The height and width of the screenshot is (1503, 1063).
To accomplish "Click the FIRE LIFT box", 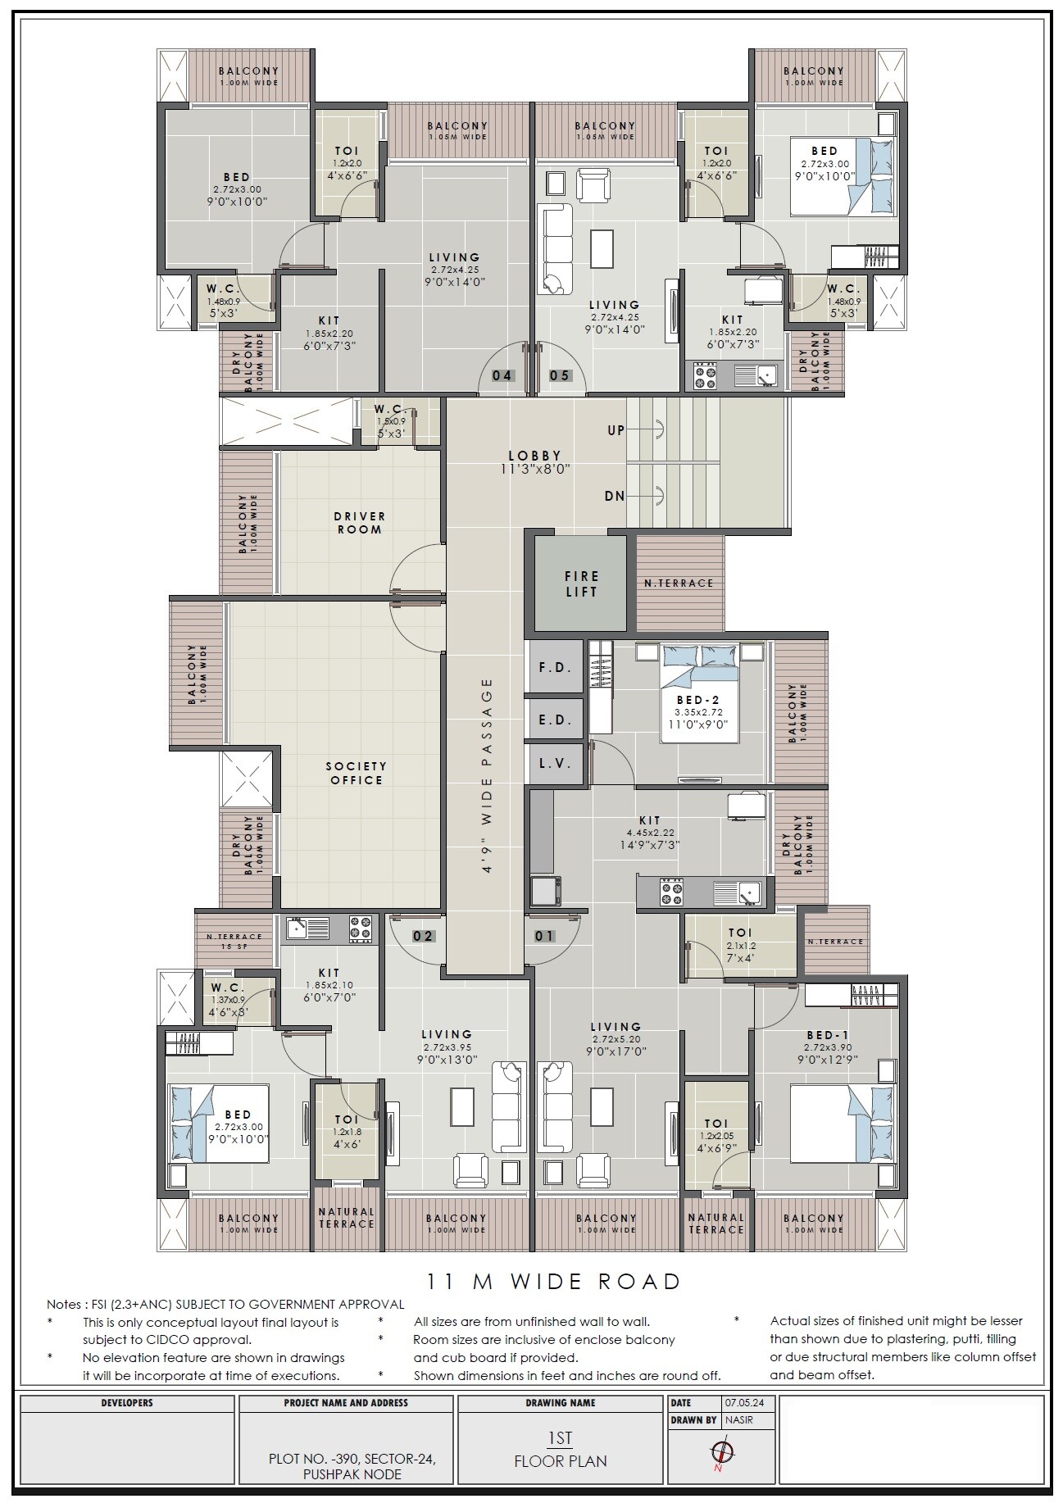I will point(581,583).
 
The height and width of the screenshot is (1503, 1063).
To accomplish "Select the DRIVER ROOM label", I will point(359,523).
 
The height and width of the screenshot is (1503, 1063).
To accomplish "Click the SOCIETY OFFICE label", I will point(356,773).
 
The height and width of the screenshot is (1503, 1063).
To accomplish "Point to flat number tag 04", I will point(502,375).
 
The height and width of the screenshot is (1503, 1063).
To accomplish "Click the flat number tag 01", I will point(544,936).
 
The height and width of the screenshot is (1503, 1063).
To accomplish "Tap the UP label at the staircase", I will point(616,429).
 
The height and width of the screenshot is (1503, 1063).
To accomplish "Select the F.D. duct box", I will point(555,667).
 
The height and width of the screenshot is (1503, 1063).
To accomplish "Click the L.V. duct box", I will point(555,763).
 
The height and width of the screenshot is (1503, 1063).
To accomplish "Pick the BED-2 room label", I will point(698,700).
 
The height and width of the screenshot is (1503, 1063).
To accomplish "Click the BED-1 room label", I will point(827,1035).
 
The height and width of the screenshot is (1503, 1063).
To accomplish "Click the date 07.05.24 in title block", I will point(741,1402).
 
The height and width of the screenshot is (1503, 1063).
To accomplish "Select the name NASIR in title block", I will point(738,1419).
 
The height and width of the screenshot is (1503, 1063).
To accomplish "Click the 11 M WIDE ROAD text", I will point(554,1281).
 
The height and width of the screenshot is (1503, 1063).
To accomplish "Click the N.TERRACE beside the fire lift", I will point(679,583).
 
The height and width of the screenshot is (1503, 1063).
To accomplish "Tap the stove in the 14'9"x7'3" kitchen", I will point(673,892).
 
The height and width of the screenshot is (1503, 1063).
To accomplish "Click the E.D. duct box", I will point(555,720).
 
